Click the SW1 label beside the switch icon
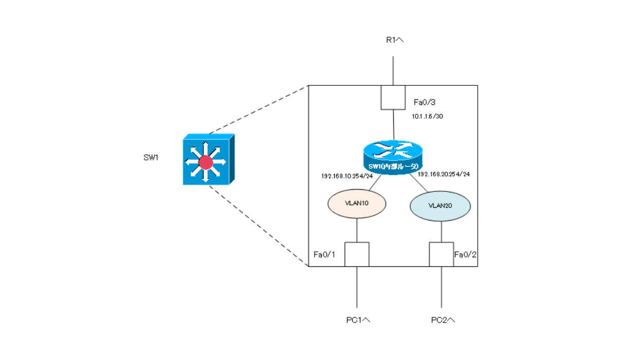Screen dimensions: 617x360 pyautogui.click(x=151, y=157)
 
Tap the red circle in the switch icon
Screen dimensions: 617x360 pyautogui.click(x=206, y=163)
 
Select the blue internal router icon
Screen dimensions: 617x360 pyautogui.click(x=393, y=157)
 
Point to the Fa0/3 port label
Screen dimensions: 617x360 pyautogui.click(x=425, y=102)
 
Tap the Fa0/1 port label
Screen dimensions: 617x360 pyautogui.click(x=324, y=255)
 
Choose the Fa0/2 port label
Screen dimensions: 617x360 pyautogui.click(x=465, y=255)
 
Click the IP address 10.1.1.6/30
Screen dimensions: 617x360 pyautogui.click(x=427, y=117)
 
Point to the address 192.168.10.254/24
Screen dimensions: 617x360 pyautogui.click(x=347, y=176)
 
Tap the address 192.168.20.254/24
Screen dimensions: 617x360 pyautogui.click(x=444, y=174)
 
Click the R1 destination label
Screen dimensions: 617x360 pyautogui.click(x=395, y=40)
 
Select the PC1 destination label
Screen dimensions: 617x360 pyautogui.click(x=358, y=320)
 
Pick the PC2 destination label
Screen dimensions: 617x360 pyautogui.click(x=443, y=320)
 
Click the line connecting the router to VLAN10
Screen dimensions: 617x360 pyautogui.click(x=375, y=182)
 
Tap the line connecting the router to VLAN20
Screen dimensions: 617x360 pyautogui.click(x=419, y=183)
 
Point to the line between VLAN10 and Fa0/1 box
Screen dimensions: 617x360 pyautogui.click(x=357, y=230)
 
